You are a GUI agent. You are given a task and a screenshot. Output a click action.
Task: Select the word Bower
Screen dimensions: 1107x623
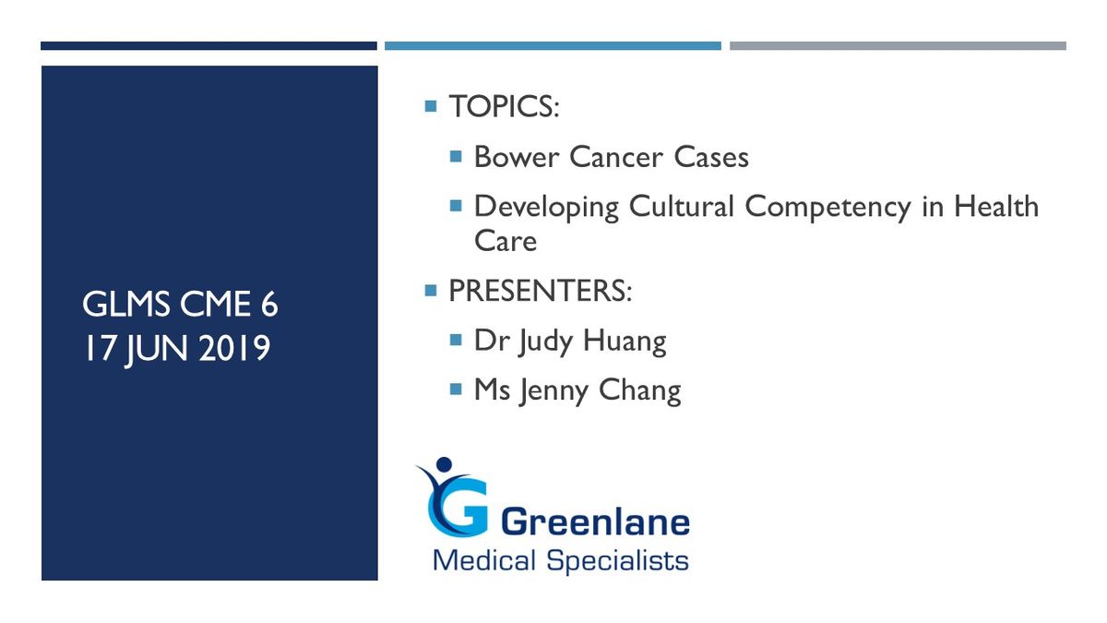[x=516, y=157]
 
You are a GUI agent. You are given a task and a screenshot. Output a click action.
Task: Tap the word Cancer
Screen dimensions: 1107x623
[x=616, y=157]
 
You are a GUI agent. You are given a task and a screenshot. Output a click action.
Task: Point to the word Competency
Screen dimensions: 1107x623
[x=827, y=207]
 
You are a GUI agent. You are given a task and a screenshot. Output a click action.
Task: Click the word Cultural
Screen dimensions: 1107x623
[x=681, y=206]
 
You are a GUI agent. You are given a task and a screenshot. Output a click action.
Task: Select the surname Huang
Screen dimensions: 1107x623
[x=625, y=342]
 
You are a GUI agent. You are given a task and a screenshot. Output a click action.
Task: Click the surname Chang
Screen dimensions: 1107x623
[x=640, y=391]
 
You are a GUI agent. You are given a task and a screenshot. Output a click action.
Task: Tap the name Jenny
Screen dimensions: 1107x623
[x=553, y=391]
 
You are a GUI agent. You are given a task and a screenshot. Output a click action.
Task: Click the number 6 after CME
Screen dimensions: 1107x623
[x=269, y=304]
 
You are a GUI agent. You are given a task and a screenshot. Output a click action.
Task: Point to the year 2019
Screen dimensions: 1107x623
[x=234, y=348]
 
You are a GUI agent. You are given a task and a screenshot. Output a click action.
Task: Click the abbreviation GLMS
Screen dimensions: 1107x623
[x=125, y=304]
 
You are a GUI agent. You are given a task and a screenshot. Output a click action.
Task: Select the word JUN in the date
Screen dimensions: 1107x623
[x=157, y=350]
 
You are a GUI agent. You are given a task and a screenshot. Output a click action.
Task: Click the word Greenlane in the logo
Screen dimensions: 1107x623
[x=596, y=522]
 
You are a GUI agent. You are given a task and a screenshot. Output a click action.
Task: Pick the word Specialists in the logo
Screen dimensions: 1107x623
[x=618, y=562]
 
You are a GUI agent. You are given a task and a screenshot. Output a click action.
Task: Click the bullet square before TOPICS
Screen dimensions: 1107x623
[x=431, y=106]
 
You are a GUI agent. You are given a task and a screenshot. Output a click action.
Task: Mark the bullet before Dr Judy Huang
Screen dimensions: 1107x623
[x=456, y=341]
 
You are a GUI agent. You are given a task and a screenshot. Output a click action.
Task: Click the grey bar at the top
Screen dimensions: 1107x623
[x=898, y=46]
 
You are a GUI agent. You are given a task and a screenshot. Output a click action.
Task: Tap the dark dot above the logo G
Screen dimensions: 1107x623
[x=445, y=464]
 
